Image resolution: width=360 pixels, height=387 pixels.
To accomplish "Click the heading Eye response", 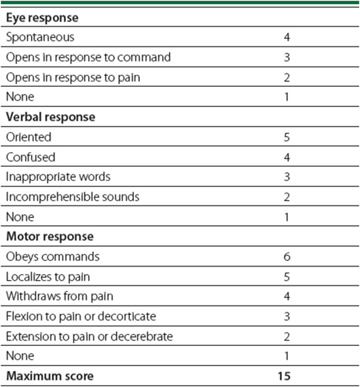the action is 42,18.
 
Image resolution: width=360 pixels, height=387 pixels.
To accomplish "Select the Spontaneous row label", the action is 40,38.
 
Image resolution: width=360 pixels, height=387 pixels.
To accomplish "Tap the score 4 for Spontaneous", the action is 287,37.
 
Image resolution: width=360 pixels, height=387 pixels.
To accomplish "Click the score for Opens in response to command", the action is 287,57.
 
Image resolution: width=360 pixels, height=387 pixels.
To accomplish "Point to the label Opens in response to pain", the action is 73,78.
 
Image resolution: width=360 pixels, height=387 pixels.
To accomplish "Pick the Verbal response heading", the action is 50,117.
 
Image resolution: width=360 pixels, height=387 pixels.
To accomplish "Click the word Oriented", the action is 29,137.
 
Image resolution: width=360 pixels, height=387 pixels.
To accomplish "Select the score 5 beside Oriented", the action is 287,137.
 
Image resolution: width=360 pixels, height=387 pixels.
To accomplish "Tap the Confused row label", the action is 30,157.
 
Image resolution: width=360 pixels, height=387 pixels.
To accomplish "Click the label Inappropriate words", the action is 59,177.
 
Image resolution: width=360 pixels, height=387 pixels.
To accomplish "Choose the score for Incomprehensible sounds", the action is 287,197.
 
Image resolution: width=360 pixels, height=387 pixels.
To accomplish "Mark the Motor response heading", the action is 50,237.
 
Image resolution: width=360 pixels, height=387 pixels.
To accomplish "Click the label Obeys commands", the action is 52,257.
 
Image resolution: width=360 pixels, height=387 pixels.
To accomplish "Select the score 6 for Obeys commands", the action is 287,257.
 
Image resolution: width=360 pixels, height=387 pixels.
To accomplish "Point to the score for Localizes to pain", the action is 287,277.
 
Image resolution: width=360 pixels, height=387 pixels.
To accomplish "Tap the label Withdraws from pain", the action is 60,296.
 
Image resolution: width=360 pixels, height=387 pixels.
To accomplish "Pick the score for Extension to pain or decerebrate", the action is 287,337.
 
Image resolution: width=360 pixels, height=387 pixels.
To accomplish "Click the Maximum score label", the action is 50,376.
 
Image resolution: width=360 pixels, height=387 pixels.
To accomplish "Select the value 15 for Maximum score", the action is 284,376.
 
